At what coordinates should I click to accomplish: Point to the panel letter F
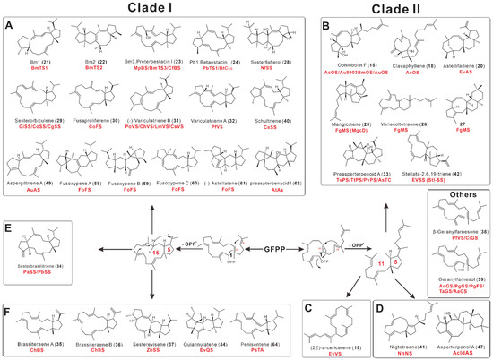8,288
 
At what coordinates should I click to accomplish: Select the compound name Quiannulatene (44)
195,344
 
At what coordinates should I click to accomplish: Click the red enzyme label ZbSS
141,351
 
